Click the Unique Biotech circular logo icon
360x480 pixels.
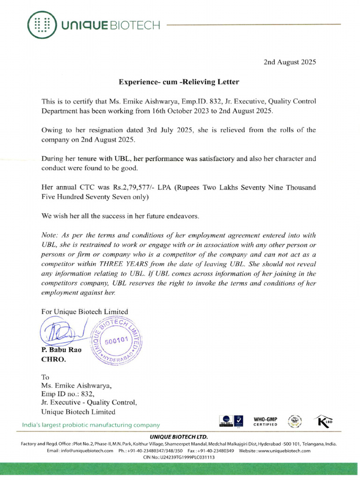pyautogui.click(x=40, y=24)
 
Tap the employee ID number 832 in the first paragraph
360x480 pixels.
pyautogui.click(x=193, y=101)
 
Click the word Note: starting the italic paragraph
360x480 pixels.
pyautogui.click(x=51, y=235)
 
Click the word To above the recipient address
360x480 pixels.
pyautogui.click(x=45, y=376)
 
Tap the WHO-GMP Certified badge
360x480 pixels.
pyautogui.click(x=265, y=421)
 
